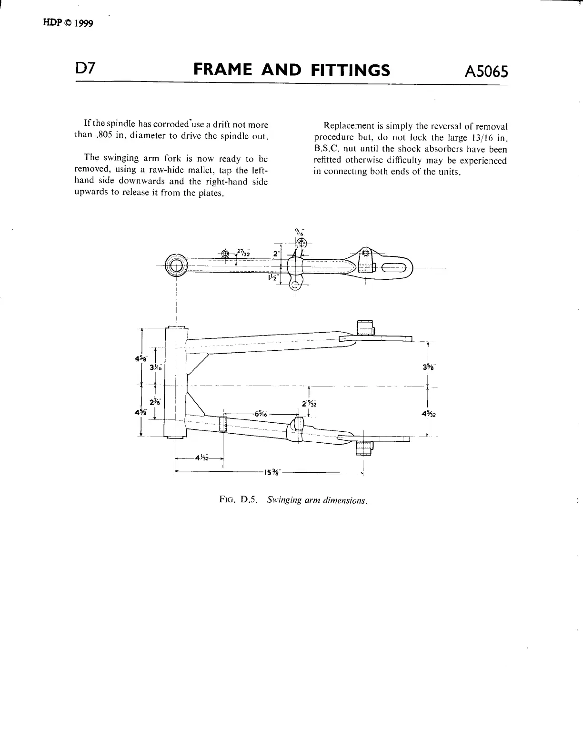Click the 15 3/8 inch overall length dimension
pos(273,473)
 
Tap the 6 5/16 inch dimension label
pos(261,414)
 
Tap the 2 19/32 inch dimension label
pos(310,404)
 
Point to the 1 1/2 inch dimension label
pos(272,278)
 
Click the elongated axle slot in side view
pos(394,268)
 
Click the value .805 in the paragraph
pos(104,136)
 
